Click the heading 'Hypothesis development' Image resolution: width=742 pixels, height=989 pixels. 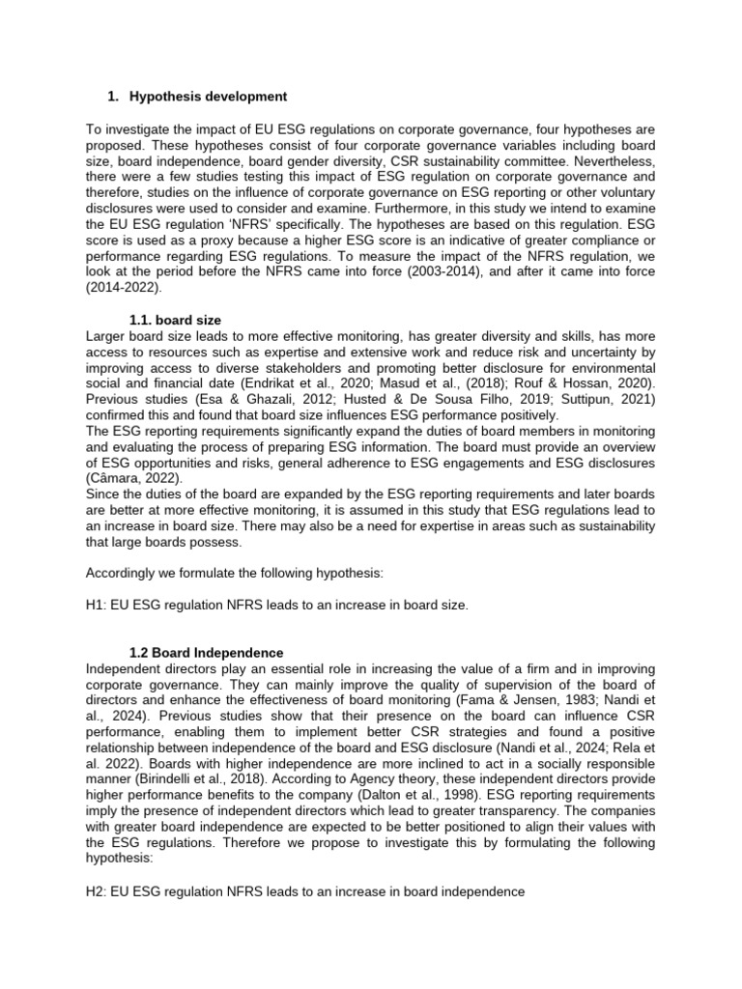coord(208,97)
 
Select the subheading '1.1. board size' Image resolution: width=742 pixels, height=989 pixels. coord(176,321)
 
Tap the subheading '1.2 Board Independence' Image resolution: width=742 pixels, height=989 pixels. coord(206,653)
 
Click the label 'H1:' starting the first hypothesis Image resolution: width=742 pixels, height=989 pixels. coord(98,605)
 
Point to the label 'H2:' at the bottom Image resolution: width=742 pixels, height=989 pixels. coord(98,892)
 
